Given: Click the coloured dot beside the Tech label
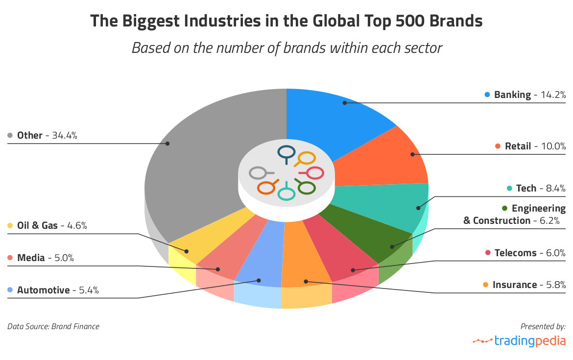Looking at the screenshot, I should click(x=509, y=188).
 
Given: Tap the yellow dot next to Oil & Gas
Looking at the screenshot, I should click(x=10, y=226).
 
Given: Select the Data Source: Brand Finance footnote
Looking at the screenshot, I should click(x=53, y=326).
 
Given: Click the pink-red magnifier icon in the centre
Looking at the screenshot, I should click(x=312, y=173).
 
